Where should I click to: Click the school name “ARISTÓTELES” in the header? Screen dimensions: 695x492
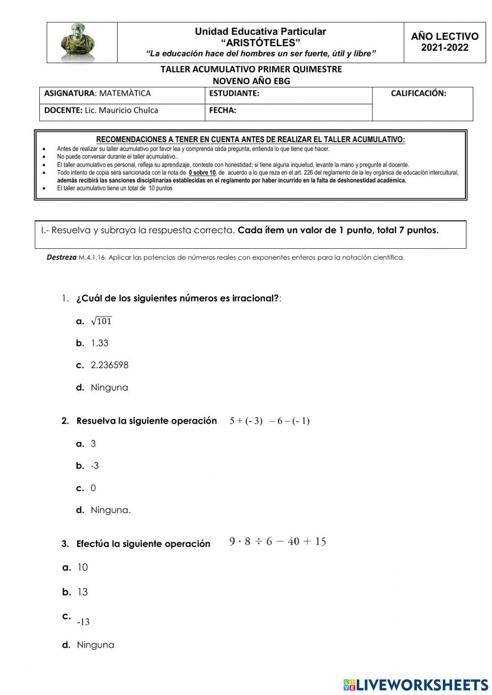260,43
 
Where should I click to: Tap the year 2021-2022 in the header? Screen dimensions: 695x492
445,48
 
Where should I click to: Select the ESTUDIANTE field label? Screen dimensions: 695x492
234,93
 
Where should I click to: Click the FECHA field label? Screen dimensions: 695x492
222,110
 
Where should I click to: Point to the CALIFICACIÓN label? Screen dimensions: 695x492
418,93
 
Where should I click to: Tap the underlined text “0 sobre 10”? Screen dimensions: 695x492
202,173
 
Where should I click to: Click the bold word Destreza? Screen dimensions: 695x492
61,257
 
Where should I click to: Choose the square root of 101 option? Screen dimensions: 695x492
101,321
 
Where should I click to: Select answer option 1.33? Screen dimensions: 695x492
99,343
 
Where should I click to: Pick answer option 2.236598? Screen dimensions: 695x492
109,365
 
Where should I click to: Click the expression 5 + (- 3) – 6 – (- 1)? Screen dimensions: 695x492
269,421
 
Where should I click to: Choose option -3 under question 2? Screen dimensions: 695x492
94,465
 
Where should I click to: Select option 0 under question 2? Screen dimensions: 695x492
93,488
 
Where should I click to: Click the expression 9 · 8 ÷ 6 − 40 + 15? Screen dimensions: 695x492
277,542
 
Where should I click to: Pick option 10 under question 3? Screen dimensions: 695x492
82,567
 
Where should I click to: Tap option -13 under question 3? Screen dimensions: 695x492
83,622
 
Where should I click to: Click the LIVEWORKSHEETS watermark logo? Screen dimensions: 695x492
415,684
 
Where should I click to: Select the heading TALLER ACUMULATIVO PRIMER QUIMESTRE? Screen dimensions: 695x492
251,69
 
